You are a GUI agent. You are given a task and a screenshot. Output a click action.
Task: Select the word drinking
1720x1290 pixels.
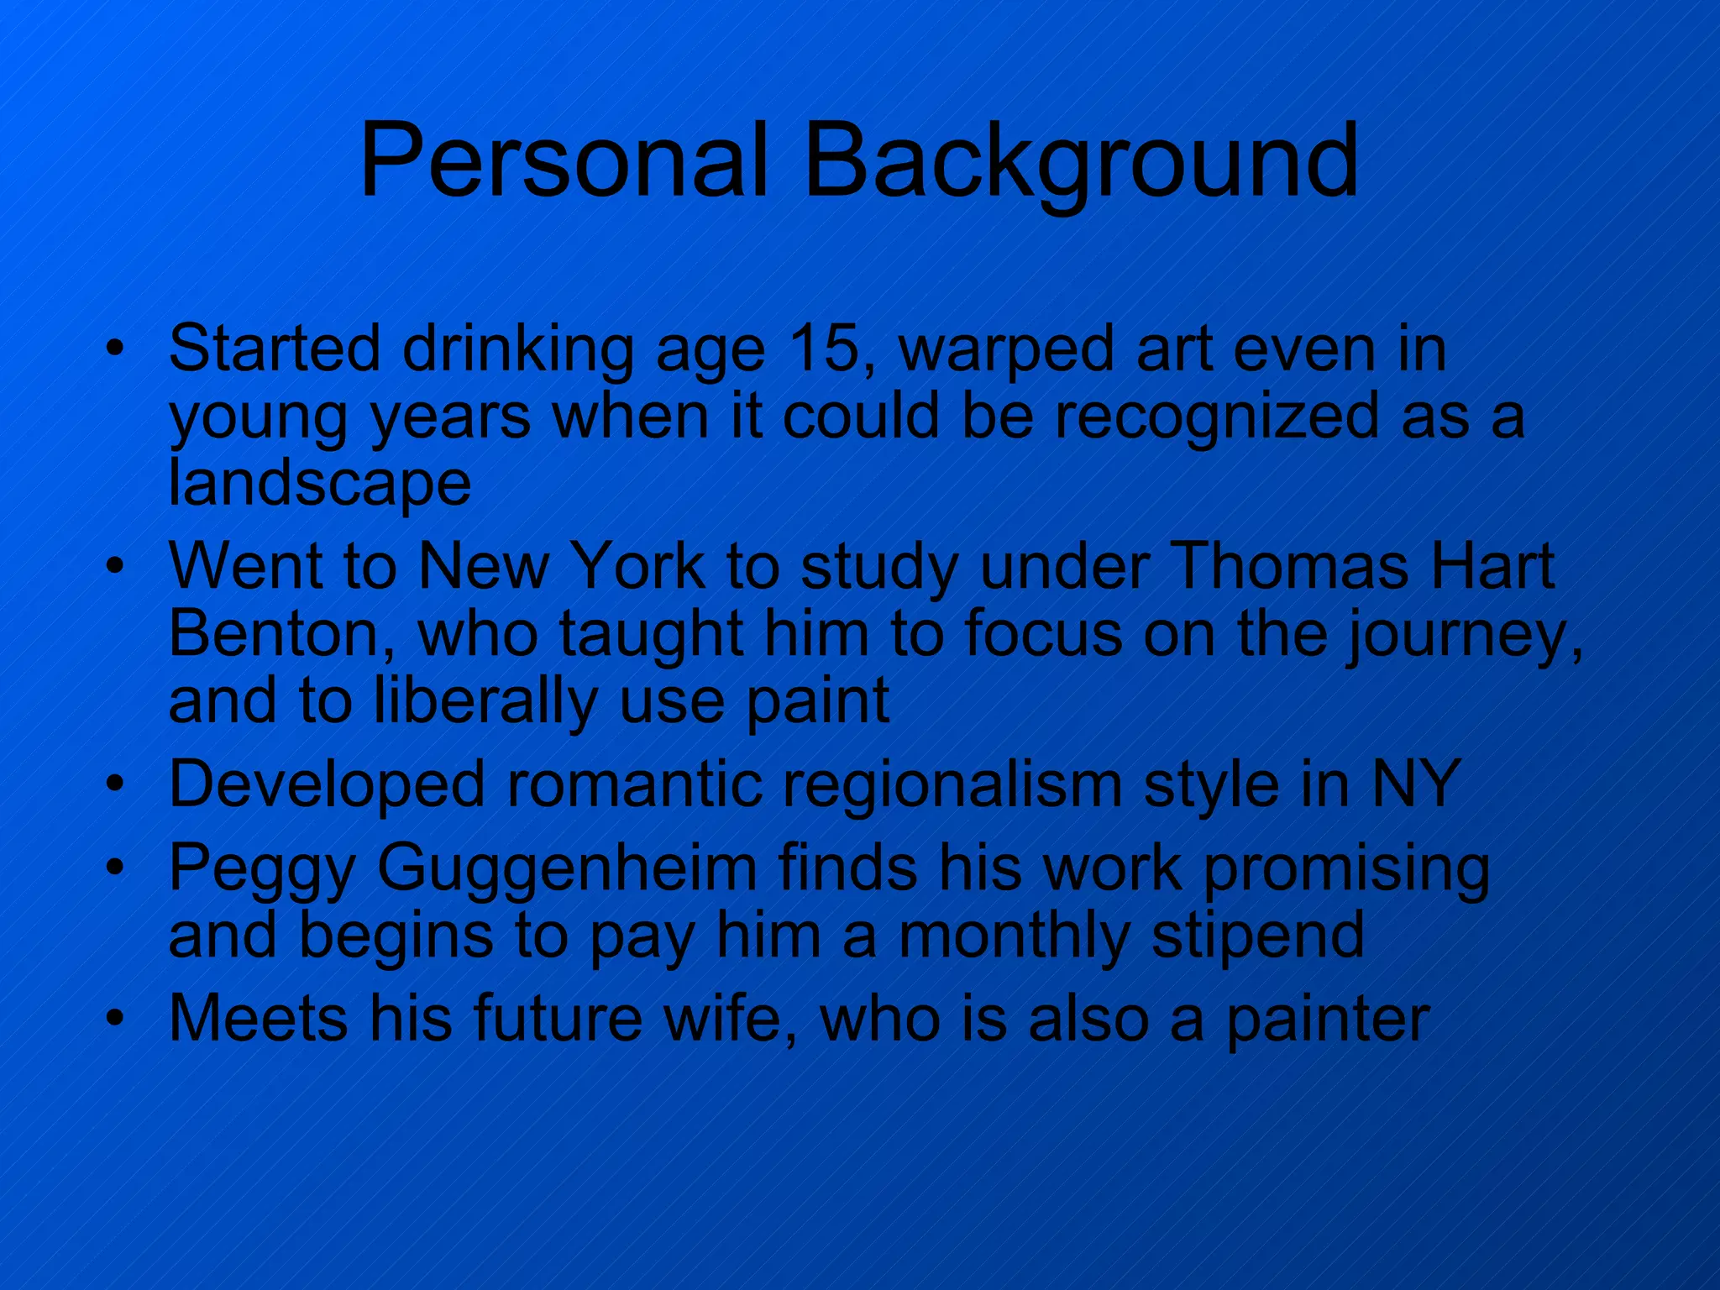tap(518, 349)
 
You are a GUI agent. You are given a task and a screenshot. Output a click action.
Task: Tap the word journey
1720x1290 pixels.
tap(1466, 635)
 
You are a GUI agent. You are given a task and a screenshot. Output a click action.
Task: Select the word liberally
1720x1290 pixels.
tap(485, 701)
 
